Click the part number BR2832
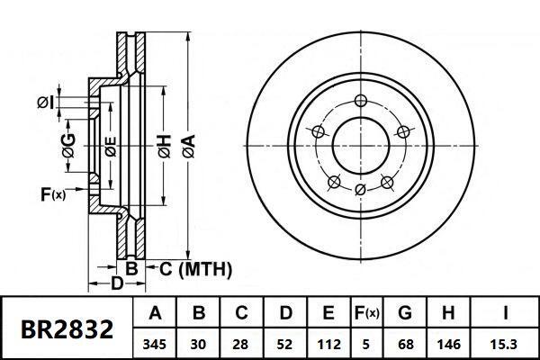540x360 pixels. (x=67, y=329)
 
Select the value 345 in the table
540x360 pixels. (x=155, y=344)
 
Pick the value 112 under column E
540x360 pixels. (x=328, y=344)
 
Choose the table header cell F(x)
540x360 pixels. (x=367, y=314)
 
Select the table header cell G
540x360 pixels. (x=406, y=314)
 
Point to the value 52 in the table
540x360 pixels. (x=286, y=344)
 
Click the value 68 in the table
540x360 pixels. (x=406, y=344)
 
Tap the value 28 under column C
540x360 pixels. (x=243, y=344)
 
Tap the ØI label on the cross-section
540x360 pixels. (x=46, y=104)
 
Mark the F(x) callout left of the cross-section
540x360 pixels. (x=53, y=193)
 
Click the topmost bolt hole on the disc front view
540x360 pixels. (x=360, y=100)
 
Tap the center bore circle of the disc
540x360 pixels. (x=360, y=144)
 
